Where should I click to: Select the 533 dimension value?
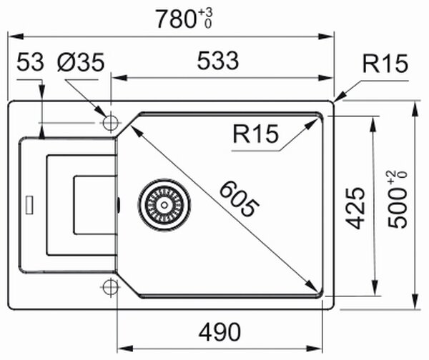[x=218, y=61]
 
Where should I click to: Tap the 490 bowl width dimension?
[x=220, y=332]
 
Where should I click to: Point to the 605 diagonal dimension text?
[x=239, y=199]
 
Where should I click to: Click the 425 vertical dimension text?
[x=355, y=208]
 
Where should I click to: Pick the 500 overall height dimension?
[x=398, y=209]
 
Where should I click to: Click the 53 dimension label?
[x=30, y=61]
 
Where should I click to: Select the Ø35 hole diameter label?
[x=81, y=62]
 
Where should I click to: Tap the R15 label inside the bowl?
[x=255, y=134]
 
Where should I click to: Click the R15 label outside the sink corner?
[x=385, y=64]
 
